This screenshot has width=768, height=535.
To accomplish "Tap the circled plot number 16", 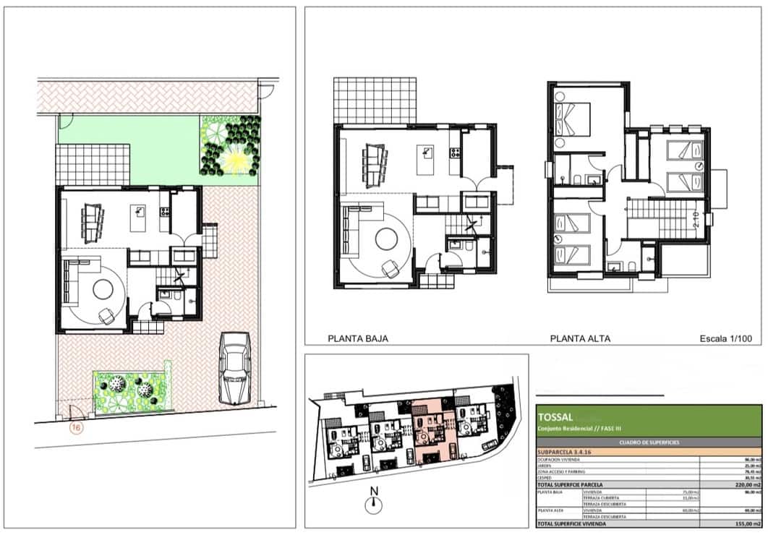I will (x=74, y=427).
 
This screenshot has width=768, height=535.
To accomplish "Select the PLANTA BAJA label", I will (x=358, y=338).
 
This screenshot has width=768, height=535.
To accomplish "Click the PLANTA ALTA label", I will (x=580, y=338).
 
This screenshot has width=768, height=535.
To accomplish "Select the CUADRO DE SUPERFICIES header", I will (x=649, y=442).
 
